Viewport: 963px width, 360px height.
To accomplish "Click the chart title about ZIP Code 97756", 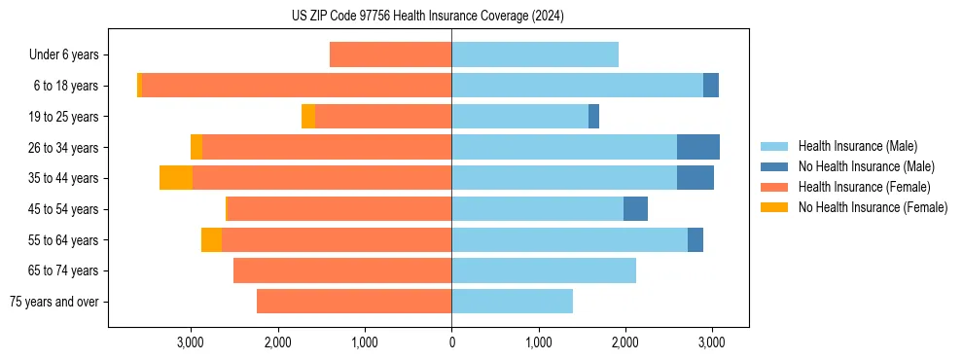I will click(x=427, y=16).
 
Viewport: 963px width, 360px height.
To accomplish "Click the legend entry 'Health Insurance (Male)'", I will click(x=857, y=146).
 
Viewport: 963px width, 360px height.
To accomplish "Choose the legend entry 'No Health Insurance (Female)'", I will click(x=873, y=207).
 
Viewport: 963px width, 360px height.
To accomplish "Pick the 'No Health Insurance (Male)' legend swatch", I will click(x=774, y=166).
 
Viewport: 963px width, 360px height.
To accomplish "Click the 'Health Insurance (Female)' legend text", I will click(x=864, y=187).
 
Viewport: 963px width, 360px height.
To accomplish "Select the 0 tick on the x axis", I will click(x=451, y=342).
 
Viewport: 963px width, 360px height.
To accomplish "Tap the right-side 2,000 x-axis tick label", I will click(x=624, y=342).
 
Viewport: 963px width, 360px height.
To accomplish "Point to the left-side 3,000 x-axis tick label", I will click(x=191, y=342).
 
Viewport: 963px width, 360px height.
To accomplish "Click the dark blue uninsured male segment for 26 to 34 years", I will click(x=698, y=147).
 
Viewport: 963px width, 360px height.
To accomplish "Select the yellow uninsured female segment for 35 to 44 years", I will click(x=176, y=178).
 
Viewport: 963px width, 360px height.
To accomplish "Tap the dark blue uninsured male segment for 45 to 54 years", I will click(x=635, y=209).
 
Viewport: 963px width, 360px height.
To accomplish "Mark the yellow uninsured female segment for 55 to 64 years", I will click(x=211, y=240).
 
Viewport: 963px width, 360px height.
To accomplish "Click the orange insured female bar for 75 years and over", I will click(x=354, y=302).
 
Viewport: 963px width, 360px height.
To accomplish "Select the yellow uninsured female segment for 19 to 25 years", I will click(x=308, y=117).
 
